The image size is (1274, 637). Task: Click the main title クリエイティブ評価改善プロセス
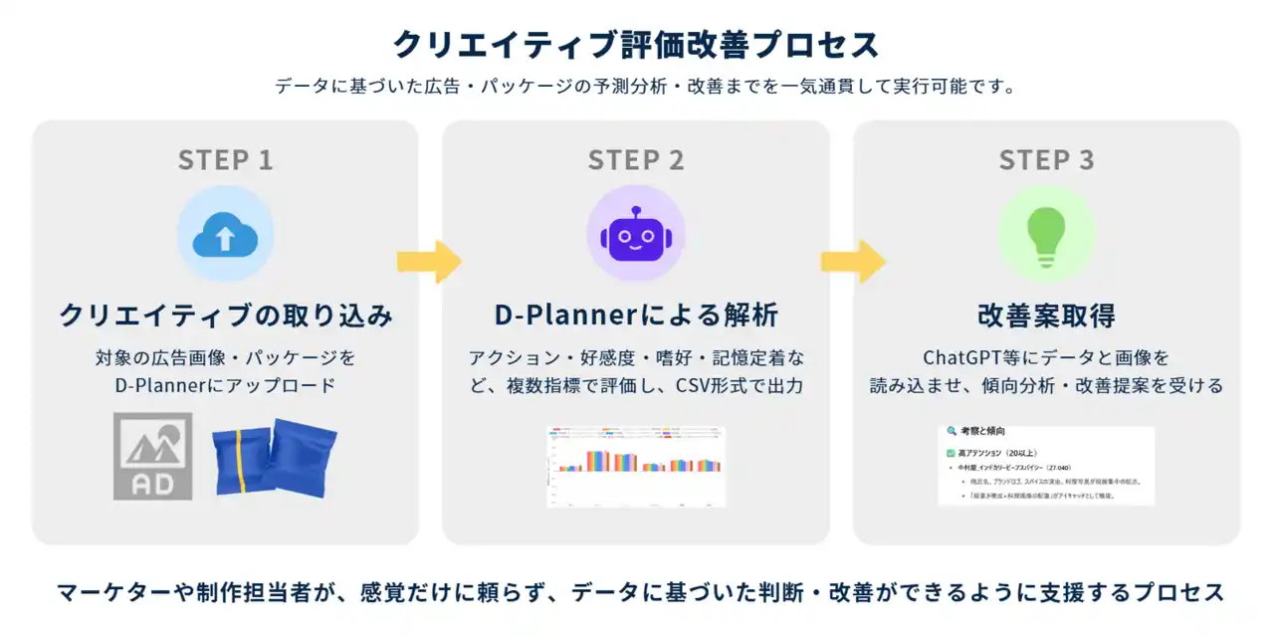(x=636, y=45)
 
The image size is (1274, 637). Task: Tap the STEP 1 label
(x=225, y=160)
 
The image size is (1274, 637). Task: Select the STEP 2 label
(x=636, y=160)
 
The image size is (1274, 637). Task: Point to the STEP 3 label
(x=1046, y=160)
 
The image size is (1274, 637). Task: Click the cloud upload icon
(x=225, y=235)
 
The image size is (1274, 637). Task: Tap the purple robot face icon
(x=636, y=235)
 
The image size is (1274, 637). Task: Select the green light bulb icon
(x=1046, y=235)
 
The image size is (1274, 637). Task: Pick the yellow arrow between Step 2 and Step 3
(x=853, y=262)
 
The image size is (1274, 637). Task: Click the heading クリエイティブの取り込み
(x=225, y=316)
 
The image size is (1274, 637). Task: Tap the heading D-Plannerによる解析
(x=636, y=316)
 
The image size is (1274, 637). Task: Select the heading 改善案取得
(x=1046, y=316)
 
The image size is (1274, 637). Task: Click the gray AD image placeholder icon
(x=152, y=456)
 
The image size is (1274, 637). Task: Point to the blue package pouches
(x=275, y=458)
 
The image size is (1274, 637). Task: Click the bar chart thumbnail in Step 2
(x=636, y=466)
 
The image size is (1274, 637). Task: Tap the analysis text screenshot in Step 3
(x=1046, y=465)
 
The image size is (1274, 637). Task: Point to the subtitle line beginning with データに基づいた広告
(x=636, y=87)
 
